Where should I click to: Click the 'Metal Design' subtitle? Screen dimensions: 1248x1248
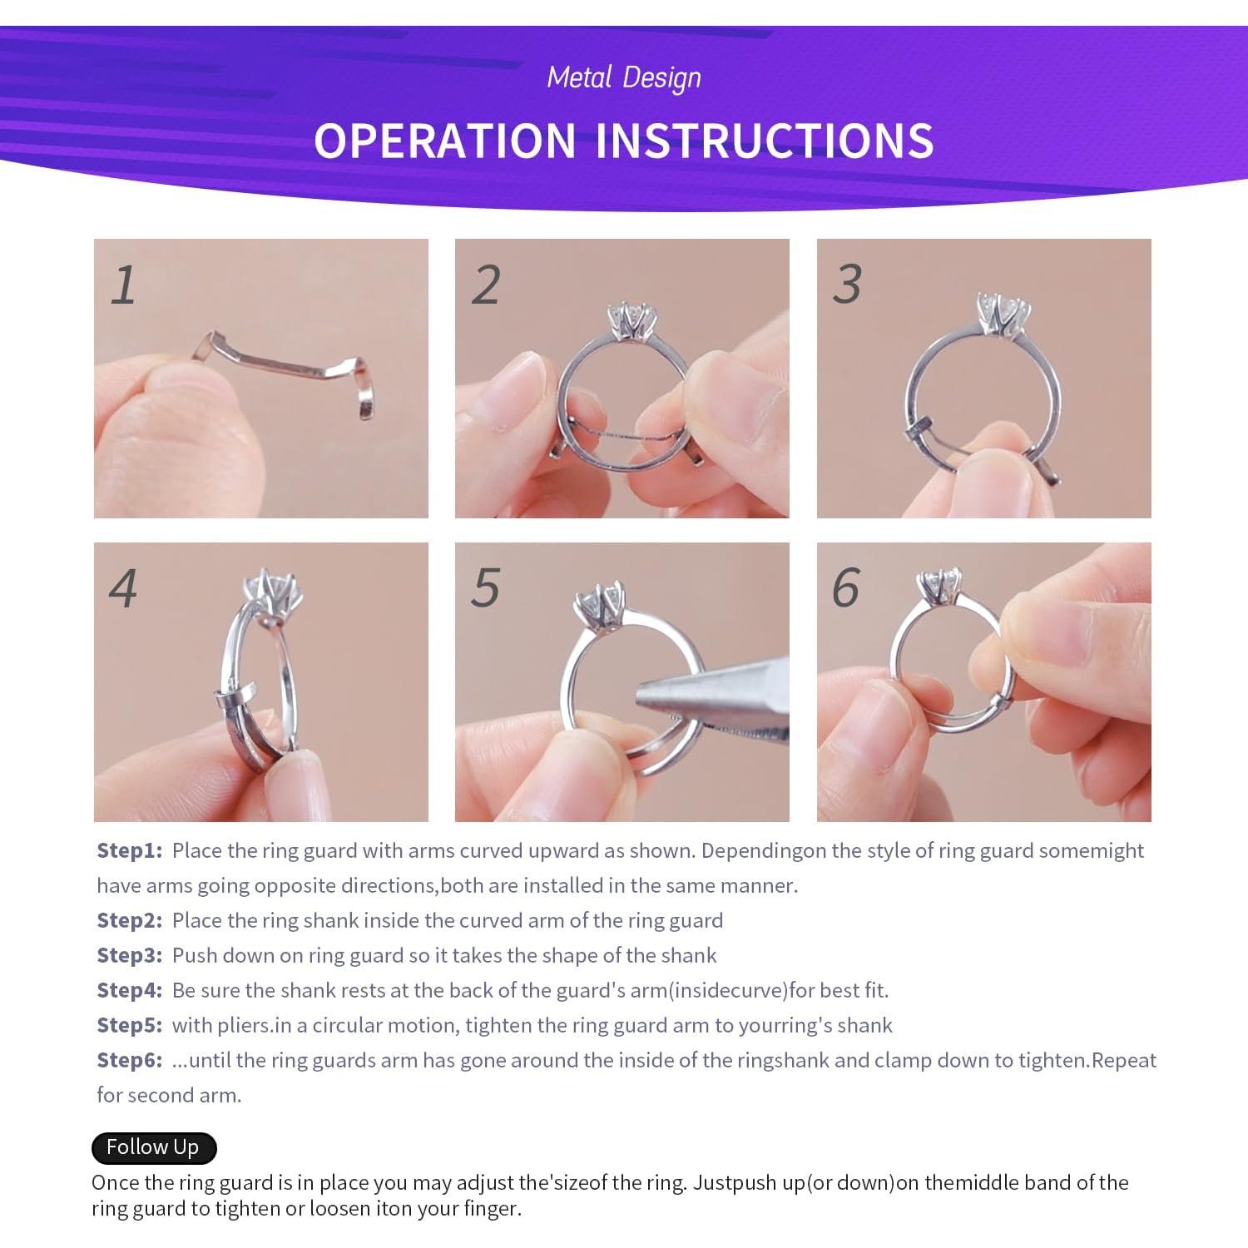pos(624,78)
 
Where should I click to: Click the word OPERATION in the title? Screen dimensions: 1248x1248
pos(445,140)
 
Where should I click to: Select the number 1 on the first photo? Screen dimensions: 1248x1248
pos(124,285)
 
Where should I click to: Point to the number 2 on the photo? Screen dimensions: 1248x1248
pos(486,285)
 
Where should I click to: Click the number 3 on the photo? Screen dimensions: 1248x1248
pos(847,285)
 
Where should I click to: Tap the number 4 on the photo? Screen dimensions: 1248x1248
pos(123,588)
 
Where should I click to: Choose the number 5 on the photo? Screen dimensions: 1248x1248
pos(485,588)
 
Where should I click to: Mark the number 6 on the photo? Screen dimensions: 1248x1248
pos(846,588)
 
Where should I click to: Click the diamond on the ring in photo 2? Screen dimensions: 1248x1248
pos(632,319)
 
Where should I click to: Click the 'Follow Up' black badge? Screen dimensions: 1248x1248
pos(154,1147)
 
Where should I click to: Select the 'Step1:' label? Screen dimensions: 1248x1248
pos(130,850)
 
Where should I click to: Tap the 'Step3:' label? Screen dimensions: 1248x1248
pos(130,955)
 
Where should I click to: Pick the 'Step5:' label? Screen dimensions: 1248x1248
pos(130,1025)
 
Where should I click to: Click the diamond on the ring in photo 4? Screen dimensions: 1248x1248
pos(272,592)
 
